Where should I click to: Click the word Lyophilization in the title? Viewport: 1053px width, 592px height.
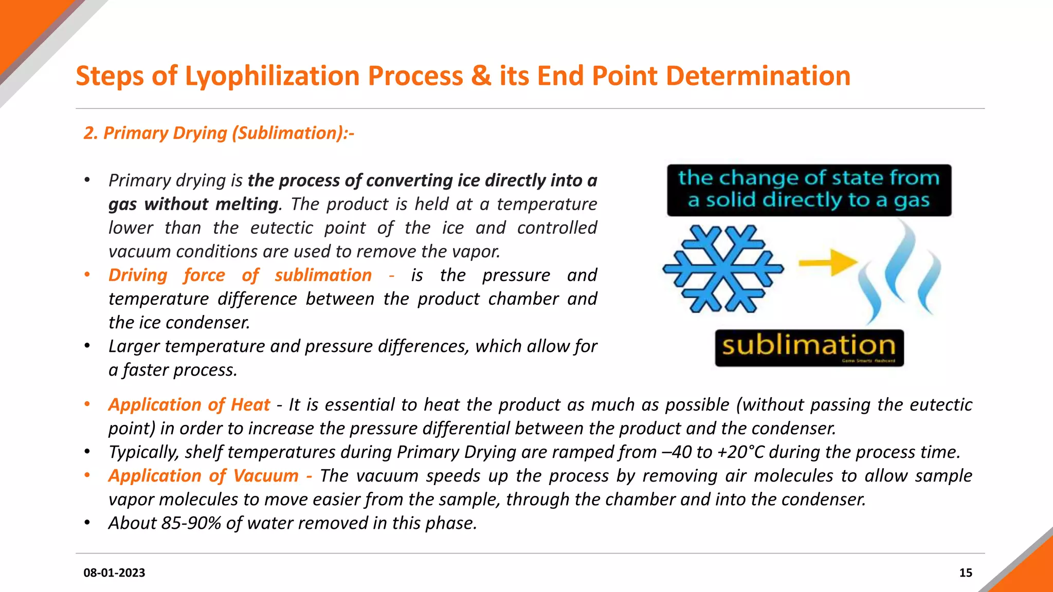(x=272, y=76)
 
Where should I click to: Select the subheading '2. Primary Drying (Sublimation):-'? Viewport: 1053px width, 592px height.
(x=219, y=133)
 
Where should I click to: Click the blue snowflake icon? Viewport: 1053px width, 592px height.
(x=723, y=269)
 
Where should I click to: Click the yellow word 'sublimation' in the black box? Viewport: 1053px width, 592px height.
(x=809, y=345)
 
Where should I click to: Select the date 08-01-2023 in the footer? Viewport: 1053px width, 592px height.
(x=114, y=572)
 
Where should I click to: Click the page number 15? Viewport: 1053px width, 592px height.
(x=966, y=572)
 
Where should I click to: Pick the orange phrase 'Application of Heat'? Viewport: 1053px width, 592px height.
(x=189, y=405)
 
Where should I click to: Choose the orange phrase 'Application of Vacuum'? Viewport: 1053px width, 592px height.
(x=203, y=476)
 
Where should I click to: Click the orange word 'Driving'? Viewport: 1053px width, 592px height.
(x=138, y=275)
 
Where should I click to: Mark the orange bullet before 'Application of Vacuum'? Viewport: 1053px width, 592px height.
(x=87, y=475)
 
